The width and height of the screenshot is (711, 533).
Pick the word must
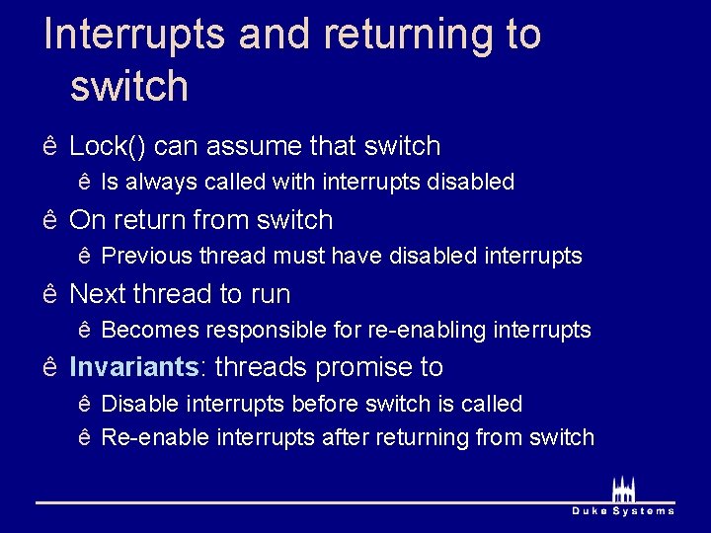[298, 256]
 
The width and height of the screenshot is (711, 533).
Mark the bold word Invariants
[133, 367]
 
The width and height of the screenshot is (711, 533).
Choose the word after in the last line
[345, 437]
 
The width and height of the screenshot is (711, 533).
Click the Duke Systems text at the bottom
[623, 510]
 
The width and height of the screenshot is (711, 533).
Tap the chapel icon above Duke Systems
[623, 489]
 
